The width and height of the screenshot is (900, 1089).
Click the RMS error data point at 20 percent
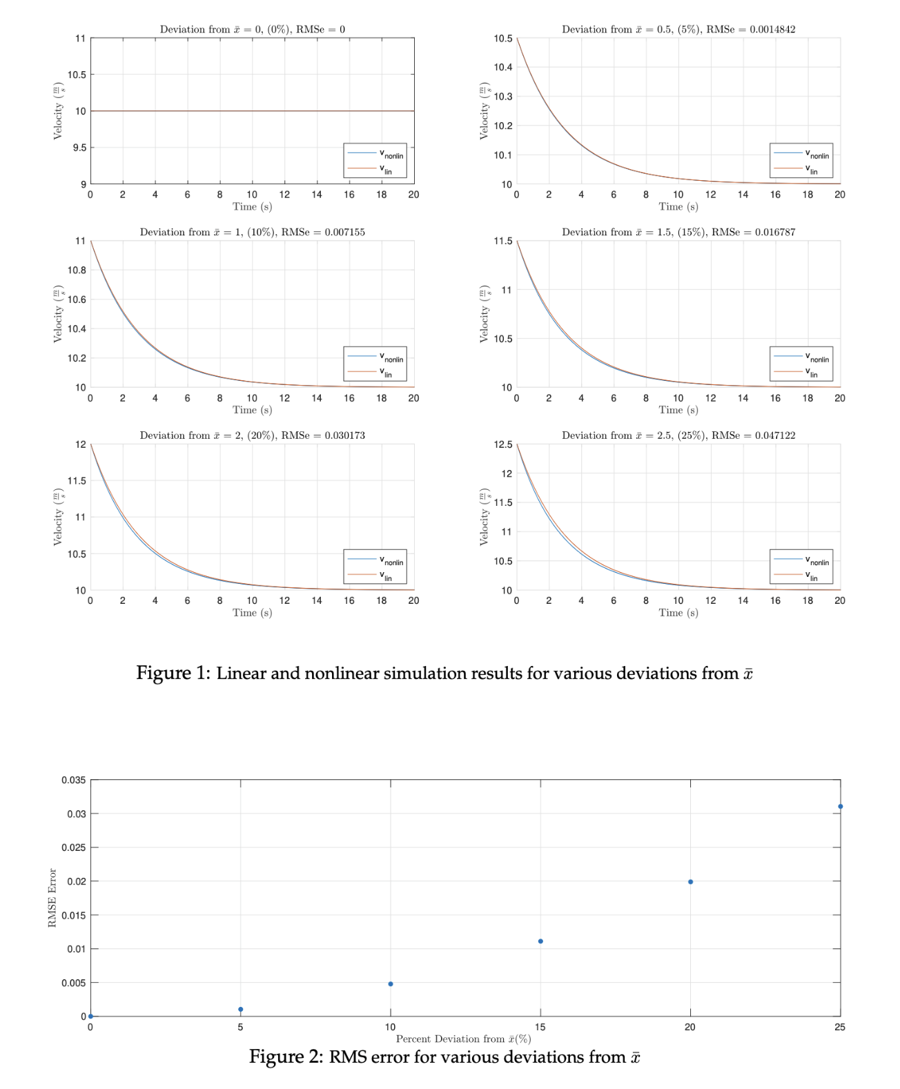click(690, 882)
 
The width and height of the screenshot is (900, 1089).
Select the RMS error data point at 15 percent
click(540, 941)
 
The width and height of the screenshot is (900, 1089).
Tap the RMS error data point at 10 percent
click(391, 984)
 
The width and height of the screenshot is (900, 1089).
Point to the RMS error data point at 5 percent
click(240, 1010)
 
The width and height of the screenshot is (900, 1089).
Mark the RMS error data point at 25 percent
click(840, 807)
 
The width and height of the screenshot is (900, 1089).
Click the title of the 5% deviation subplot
click(678, 30)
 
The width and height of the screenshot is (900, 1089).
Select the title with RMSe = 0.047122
click(678, 435)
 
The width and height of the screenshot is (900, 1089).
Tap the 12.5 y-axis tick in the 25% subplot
click(503, 444)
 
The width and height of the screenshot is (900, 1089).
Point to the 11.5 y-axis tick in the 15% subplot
click(503, 242)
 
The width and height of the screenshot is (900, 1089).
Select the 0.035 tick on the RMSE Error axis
click(74, 781)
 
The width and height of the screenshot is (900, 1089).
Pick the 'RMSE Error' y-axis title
click(52, 898)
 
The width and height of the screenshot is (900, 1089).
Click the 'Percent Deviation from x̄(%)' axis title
click(463, 1039)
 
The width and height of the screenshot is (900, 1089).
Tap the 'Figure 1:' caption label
click(173, 673)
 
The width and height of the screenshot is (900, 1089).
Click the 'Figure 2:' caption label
click(286, 1057)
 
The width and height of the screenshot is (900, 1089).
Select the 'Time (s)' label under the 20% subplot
click(252, 613)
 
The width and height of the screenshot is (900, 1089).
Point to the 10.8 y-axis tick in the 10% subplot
click(77, 271)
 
